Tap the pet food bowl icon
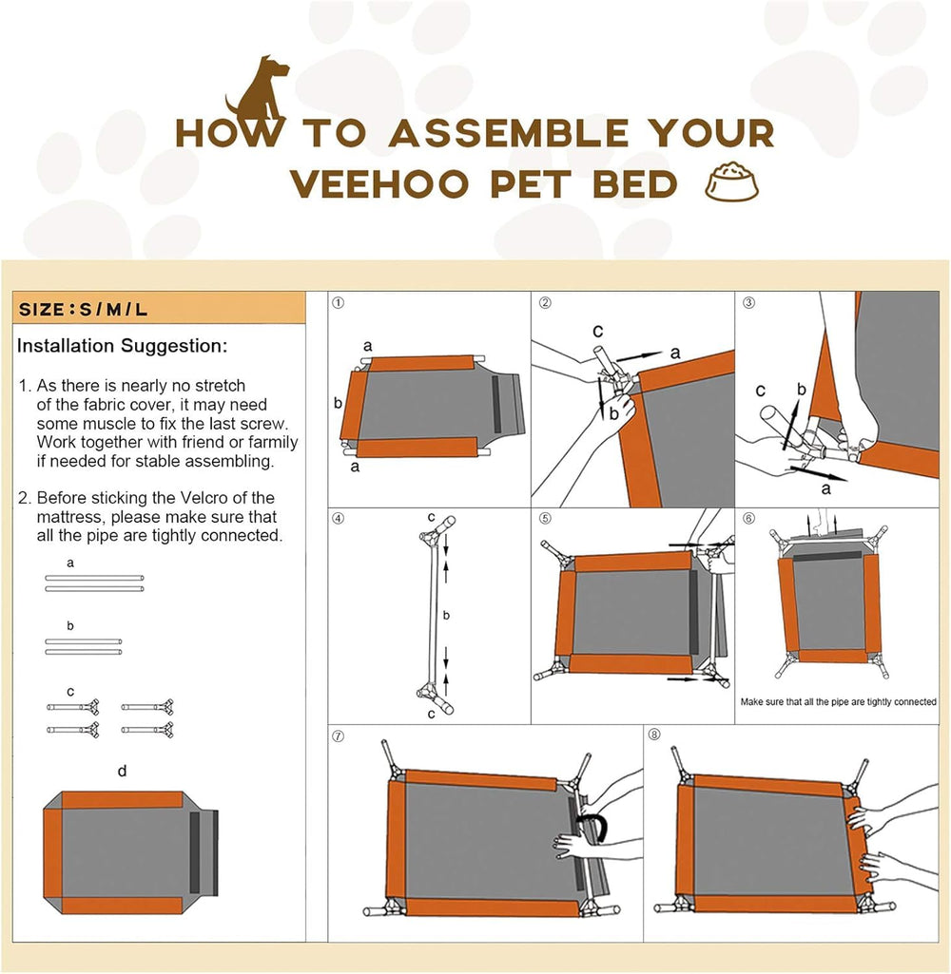pyautogui.click(x=731, y=182)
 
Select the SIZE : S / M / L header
pyautogui.click(x=83, y=310)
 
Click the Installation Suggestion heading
pyautogui.click(x=122, y=346)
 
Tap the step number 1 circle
pyautogui.click(x=339, y=303)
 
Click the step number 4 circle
pyautogui.click(x=339, y=519)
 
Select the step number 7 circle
pyautogui.click(x=339, y=735)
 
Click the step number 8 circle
pyautogui.click(x=654, y=735)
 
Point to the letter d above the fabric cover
pyautogui.click(x=122, y=771)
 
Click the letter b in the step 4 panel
pyautogui.click(x=446, y=616)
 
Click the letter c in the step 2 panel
pyautogui.click(x=596, y=332)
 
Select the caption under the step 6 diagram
pyautogui.click(x=838, y=702)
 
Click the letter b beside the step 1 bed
pyautogui.click(x=338, y=403)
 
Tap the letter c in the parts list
pyautogui.click(x=70, y=690)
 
